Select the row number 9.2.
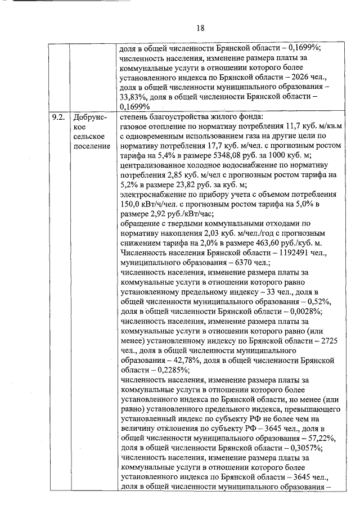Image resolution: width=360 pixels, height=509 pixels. pyautogui.click(x=58, y=117)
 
